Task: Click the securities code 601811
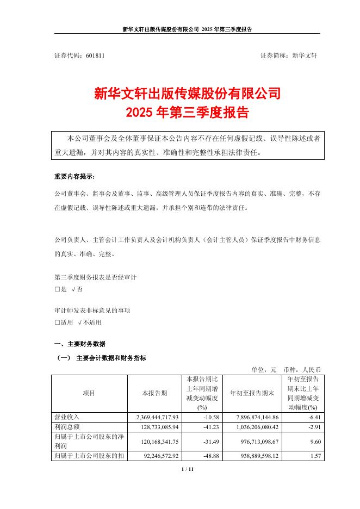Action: pyautogui.click(x=96, y=55)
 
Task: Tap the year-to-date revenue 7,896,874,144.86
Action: pyautogui.click(x=251, y=417)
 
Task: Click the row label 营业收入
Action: pyautogui.click(x=65, y=417)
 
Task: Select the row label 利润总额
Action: pyautogui.click(x=65, y=426)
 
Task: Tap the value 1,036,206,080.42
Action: pyautogui.click(x=251, y=426)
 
